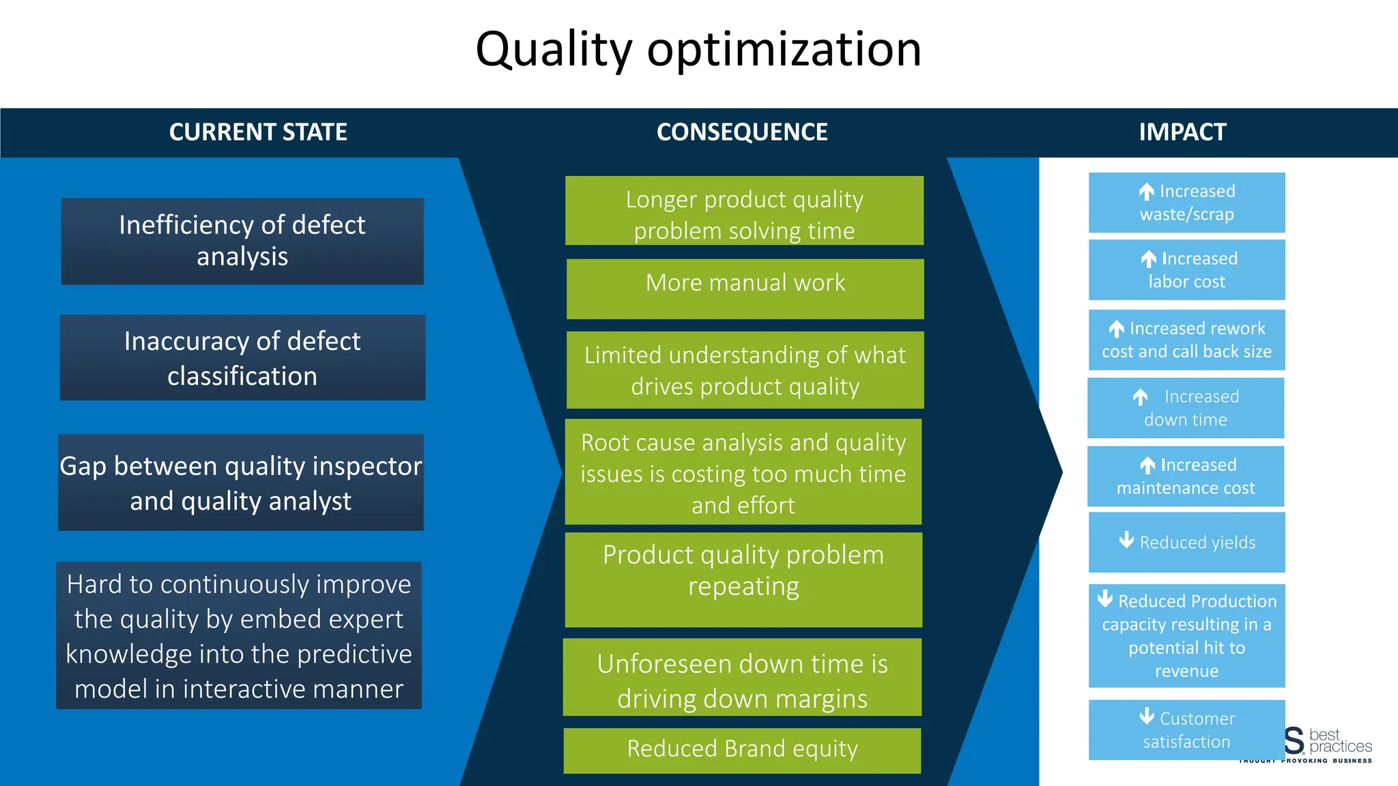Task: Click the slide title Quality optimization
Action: click(x=698, y=49)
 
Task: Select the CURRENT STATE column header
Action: click(x=258, y=132)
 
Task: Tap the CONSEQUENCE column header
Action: click(x=742, y=132)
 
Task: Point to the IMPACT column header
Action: click(x=1182, y=132)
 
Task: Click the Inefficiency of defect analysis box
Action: click(x=242, y=241)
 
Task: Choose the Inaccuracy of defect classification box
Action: click(x=242, y=358)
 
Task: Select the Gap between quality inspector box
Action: click(x=241, y=482)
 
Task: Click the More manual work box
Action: click(x=745, y=288)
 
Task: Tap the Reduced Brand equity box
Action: click(x=742, y=750)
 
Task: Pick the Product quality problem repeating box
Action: click(x=743, y=579)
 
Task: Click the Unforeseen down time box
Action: click(x=742, y=678)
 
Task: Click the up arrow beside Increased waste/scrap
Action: click(x=1147, y=192)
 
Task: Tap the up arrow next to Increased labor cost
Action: click(x=1149, y=259)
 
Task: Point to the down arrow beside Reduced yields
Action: click(x=1127, y=540)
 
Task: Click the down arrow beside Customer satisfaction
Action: click(x=1147, y=716)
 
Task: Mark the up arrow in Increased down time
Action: click(x=1140, y=396)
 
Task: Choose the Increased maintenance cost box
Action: click(x=1186, y=476)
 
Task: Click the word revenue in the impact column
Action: click(x=1186, y=671)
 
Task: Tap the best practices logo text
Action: click(x=1339, y=741)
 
